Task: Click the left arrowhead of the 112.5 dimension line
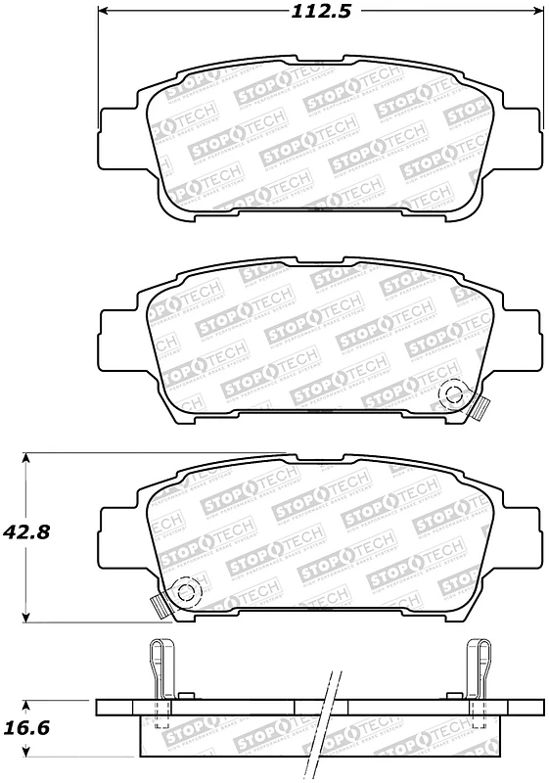[x=104, y=12]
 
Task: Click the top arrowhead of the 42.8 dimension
[x=28, y=458]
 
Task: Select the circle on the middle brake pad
[x=453, y=395]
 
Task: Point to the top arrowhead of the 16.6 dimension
[x=28, y=703]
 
